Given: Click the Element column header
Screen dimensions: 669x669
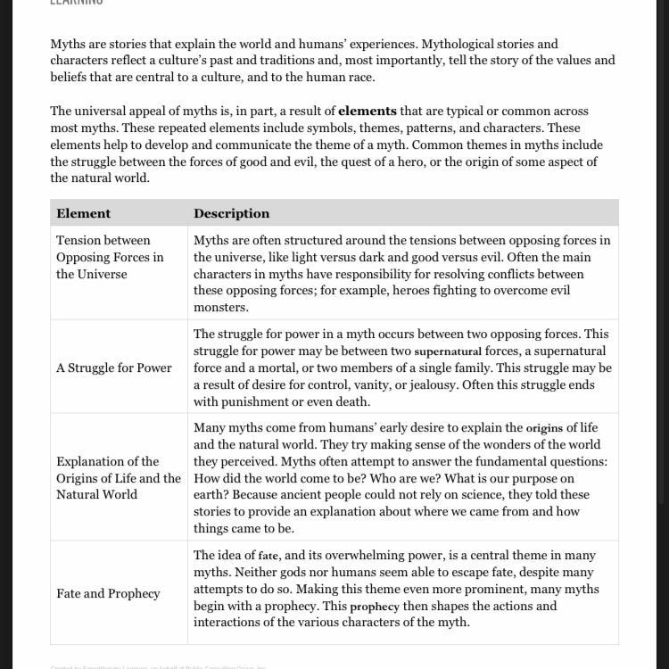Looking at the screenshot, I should point(84,213).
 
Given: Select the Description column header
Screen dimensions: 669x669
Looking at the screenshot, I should point(231,213).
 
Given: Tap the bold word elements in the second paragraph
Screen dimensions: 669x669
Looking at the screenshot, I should point(367,111).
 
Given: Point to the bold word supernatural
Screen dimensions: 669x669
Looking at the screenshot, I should point(448,351).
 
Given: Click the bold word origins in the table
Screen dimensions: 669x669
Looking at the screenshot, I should point(544,428).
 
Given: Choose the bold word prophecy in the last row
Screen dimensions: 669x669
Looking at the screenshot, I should point(375,607).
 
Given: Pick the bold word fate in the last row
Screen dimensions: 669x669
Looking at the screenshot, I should point(268,556).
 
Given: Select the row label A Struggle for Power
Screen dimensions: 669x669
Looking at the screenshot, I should point(114,368).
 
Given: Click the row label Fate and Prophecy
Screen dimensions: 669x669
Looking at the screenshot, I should point(108,593).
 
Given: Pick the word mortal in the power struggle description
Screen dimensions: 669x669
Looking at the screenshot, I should point(281,368).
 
